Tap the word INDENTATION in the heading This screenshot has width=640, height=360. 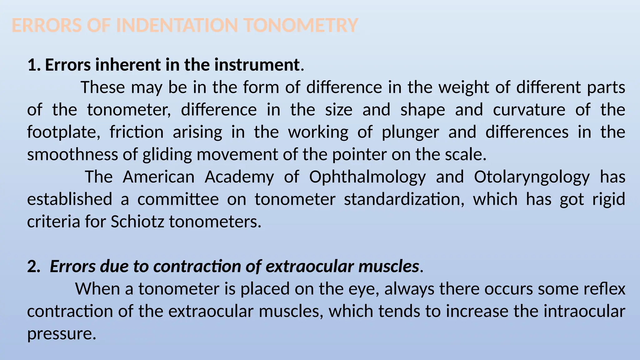[x=177, y=25]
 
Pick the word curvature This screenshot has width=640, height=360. [x=529, y=110]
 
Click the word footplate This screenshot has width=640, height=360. [x=63, y=132]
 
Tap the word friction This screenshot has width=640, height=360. [x=137, y=132]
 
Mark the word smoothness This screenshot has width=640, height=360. [x=72, y=154]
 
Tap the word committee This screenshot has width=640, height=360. [x=178, y=199]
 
